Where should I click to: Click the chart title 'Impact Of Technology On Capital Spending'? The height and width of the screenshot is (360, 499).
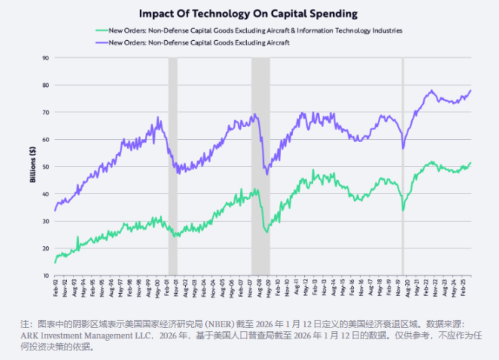(249, 13)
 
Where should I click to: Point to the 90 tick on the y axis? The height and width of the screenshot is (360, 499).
(45, 58)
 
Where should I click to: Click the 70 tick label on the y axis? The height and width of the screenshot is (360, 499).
(45, 112)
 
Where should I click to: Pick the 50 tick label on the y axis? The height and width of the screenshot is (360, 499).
(45, 167)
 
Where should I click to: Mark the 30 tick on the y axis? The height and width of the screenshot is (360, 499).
(45, 221)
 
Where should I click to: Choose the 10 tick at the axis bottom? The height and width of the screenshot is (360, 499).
(45, 275)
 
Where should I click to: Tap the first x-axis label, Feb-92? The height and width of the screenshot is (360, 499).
(56, 288)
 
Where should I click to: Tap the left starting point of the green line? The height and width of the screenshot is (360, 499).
(55, 262)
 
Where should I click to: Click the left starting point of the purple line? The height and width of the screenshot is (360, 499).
(55, 210)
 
